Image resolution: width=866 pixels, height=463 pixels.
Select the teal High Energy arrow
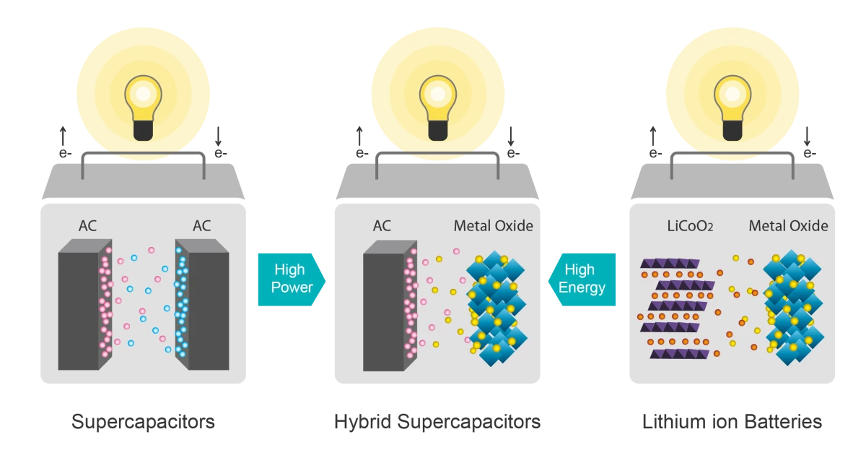(583, 279)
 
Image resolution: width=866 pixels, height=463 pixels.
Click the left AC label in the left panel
(87, 226)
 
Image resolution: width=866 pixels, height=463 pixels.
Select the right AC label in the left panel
(202, 226)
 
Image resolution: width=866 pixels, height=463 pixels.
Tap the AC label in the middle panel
(382, 226)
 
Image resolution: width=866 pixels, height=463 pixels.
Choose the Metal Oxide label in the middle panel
(494, 226)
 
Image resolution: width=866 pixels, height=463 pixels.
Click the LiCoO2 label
(691, 226)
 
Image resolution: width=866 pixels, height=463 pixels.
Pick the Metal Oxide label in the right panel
(788, 226)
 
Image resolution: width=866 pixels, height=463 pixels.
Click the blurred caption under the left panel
(144, 423)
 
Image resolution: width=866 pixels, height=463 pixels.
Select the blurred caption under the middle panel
(438, 423)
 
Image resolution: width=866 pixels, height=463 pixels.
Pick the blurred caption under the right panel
(732, 423)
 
